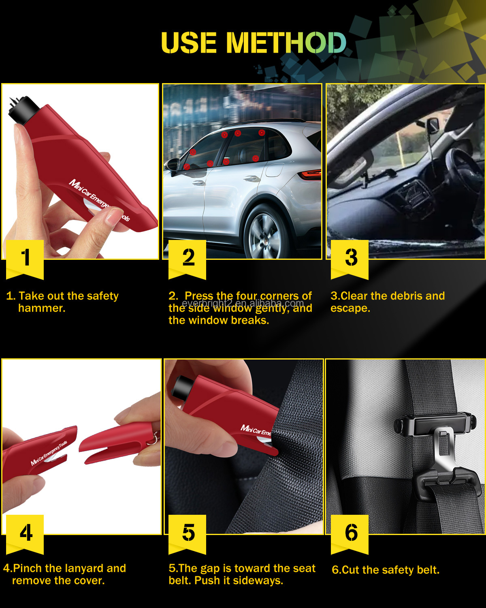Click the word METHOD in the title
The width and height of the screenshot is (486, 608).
point(286,43)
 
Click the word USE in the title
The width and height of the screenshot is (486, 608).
point(189,43)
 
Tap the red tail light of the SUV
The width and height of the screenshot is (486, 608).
point(310,175)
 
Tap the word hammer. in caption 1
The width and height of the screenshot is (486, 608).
point(42,308)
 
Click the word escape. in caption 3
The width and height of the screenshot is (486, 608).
point(350,308)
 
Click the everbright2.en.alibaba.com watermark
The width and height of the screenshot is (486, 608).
point(243,303)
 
